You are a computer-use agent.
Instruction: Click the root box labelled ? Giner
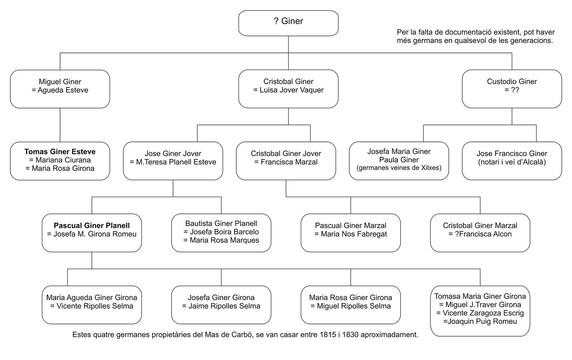coord(288,23)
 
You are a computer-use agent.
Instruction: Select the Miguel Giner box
coord(60,89)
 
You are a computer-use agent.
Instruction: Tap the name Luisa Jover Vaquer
coord(292,90)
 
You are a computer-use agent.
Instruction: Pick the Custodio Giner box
coord(512,89)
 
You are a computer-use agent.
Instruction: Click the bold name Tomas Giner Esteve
coord(60,152)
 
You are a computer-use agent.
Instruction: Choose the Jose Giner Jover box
coord(173,161)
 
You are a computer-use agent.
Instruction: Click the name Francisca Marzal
coord(289,162)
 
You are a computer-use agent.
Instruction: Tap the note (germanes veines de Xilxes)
coord(399,168)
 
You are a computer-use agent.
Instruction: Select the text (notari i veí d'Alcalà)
coord(512,162)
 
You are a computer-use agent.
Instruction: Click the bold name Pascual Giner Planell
coord(92,226)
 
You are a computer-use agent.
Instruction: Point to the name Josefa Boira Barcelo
coord(225,232)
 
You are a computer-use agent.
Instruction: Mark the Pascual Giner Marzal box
coord(351,233)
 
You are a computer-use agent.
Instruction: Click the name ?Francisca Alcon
coord(483,234)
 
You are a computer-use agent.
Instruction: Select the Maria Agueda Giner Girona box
coord(92,305)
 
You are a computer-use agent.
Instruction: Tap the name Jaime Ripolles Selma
coord(224,306)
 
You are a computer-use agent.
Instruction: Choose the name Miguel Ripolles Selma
coord(354,306)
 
